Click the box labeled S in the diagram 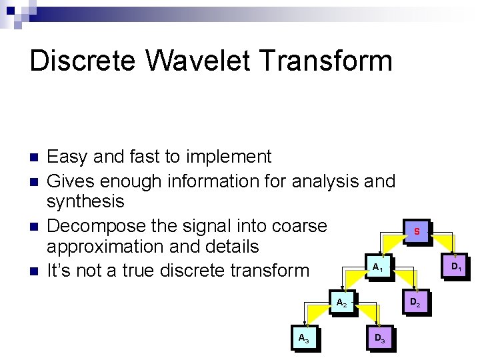point(416,232)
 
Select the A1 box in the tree point(377,267)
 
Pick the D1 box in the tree point(456,267)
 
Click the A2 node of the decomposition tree point(341,303)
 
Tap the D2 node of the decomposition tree point(414,303)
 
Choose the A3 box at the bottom point(303,339)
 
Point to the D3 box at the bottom point(379,339)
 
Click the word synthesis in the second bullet point(85,201)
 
